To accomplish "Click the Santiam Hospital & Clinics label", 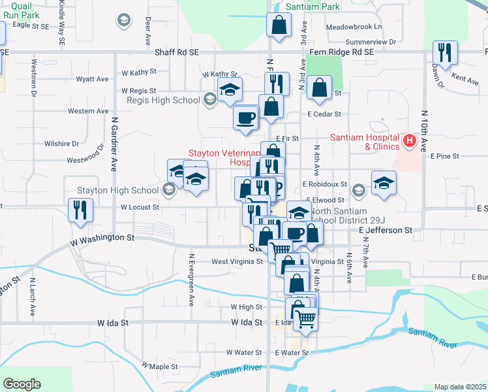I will [364, 142].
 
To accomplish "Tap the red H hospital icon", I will [410, 140].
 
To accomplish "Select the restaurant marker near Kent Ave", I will [445, 53].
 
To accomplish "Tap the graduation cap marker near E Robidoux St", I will [384, 182].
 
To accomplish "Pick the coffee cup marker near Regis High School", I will [246, 118].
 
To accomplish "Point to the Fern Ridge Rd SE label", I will [342, 51].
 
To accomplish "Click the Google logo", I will [22, 384].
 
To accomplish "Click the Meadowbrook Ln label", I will [354, 27].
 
